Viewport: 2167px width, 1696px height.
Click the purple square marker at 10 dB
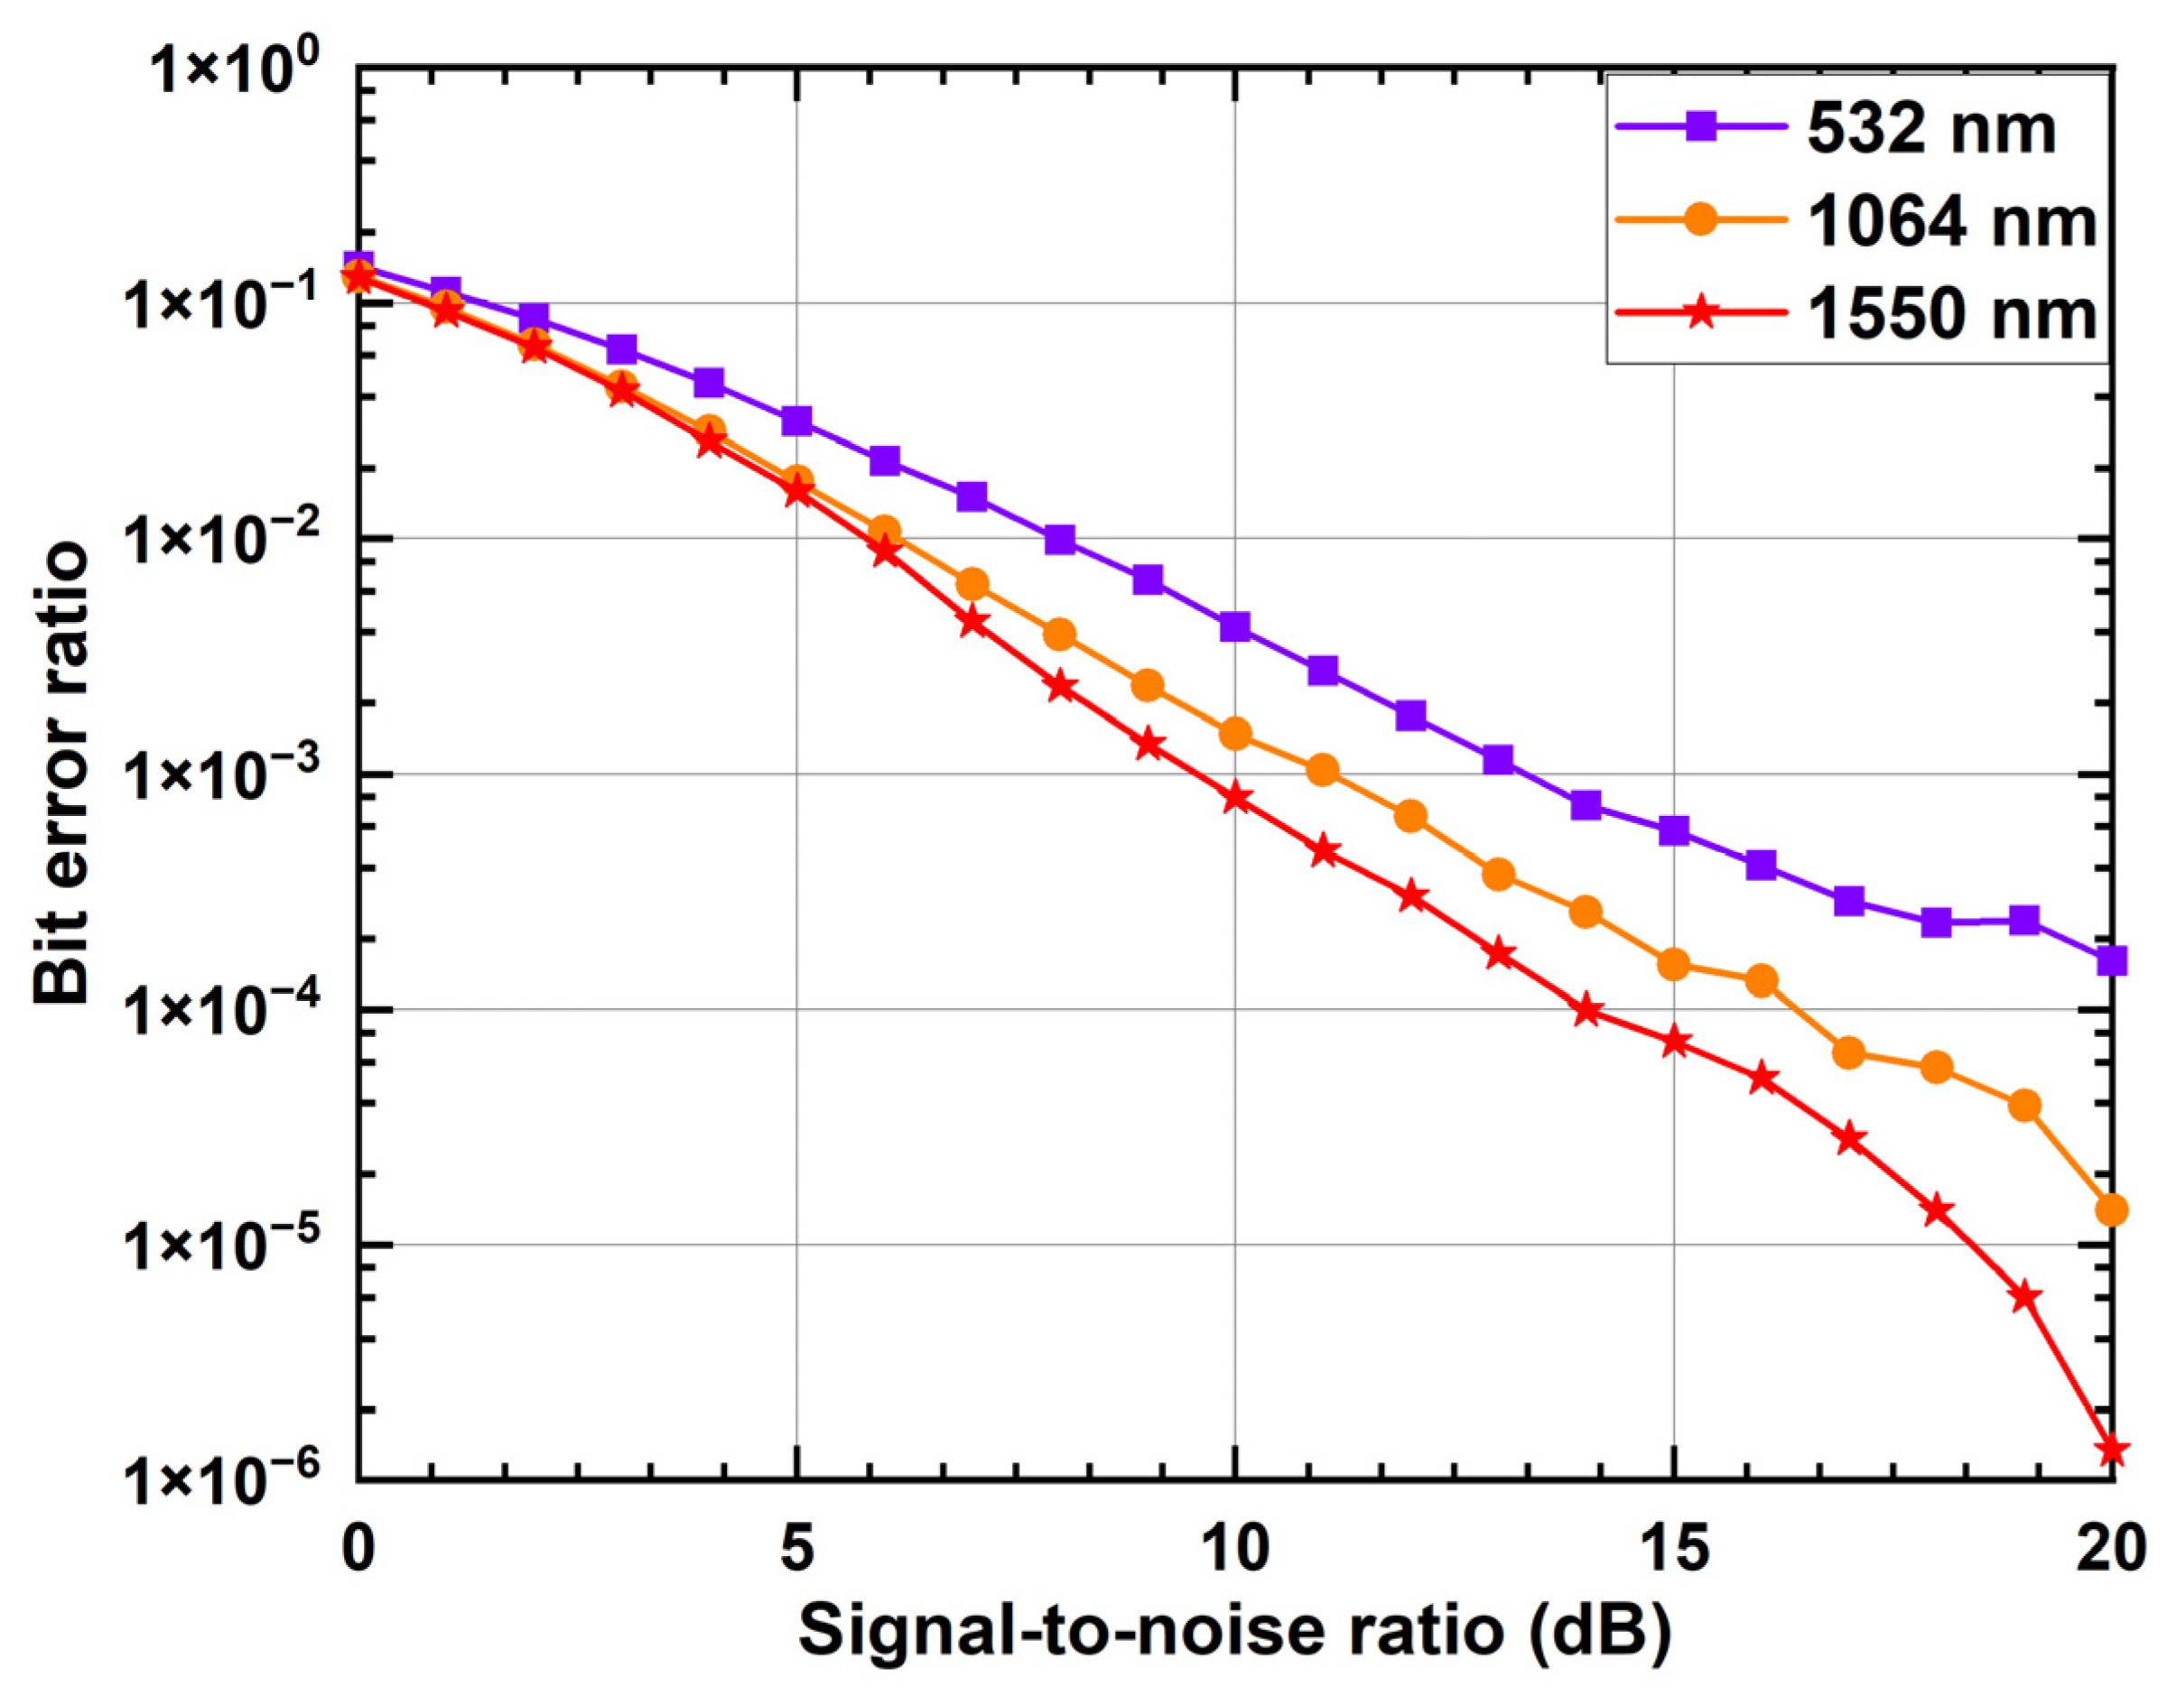1234,626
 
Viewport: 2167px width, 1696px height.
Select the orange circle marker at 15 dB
1674,963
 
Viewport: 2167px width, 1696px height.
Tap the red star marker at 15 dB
1674,1042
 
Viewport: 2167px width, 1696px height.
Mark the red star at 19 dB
2025,1297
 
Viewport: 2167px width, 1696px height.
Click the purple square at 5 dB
796,421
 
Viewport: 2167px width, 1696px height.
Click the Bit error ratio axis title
61,774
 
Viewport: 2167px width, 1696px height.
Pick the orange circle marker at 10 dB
1234,734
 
